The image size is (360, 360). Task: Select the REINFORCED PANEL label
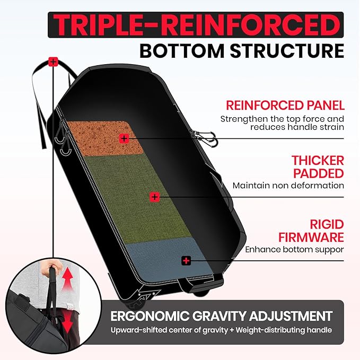(285, 105)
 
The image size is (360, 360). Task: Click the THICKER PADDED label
(318, 166)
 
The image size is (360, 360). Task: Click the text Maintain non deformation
(288, 186)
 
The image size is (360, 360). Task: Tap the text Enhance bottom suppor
(294, 249)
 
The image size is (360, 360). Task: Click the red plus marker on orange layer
(124, 138)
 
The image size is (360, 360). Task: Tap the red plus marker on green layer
(154, 197)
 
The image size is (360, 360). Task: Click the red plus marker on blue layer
(186, 260)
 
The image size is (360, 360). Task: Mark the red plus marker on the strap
(52, 62)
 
